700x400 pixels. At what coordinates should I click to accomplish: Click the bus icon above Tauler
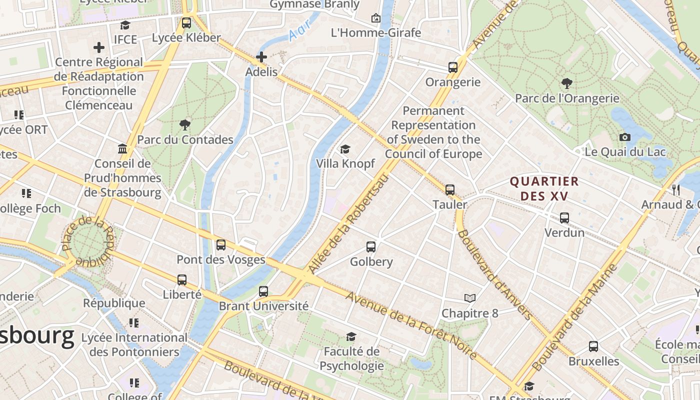click(x=450, y=190)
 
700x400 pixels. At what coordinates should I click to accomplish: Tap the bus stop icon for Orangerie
click(x=453, y=67)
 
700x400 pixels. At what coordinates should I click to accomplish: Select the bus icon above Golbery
click(x=371, y=247)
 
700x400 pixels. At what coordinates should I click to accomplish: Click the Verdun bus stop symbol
click(x=564, y=218)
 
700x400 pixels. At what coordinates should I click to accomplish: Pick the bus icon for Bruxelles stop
click(x=593, y=346)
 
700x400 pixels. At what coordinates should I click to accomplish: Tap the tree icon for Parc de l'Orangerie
click(x=566, y=83)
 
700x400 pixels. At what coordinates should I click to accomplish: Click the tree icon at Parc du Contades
click(x=185, y=125)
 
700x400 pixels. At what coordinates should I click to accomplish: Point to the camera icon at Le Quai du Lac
click(x=624, y=137)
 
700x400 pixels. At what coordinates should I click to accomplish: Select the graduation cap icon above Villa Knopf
click(x=345, y=149)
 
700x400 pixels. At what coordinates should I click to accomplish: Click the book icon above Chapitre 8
click(x=469, y=298)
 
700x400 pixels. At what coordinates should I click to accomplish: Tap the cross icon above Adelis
click(x=261, y=57)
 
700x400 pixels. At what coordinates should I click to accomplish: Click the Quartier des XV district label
click(x=544, y=188)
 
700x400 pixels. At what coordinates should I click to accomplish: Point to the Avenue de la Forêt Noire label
click(x=411, y=325)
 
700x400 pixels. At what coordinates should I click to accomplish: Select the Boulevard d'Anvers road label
click(x=494, y=274)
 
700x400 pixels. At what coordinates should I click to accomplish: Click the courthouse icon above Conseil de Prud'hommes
click(x=122, y=149)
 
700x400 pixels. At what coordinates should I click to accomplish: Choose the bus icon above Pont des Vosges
click(x=220, y=245)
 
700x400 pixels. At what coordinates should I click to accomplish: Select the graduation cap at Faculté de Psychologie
click(x=351, y=337)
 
